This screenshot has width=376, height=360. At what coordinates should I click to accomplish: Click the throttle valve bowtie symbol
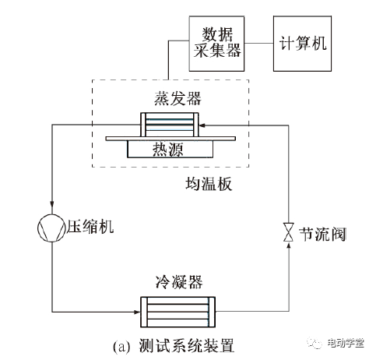pyautogui.click(x=289, y=232)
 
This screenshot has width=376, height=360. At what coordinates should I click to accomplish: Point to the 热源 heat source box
pyautogui.click(x=170, y=149)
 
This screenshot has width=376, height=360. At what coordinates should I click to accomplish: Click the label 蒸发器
pyautogui.click(x=177, y=98)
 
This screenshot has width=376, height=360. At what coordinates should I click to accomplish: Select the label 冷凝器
pyautogui.click(x=179, y=282)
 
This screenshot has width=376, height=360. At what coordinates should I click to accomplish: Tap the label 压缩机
pyautogui.click(x=90, y=227)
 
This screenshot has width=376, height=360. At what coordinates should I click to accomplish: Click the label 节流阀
pyautogui.click(x=322, y=234)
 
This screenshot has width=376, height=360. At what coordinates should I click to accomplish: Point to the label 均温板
pyautogui.click(x=209, y=184)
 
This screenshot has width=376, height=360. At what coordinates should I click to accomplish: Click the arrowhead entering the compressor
pyautogui.click(x=52, y=203)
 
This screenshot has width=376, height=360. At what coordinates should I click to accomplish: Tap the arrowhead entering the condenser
pyautogui.click(x=136, y=312)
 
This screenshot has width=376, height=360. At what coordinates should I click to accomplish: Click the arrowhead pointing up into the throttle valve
pyautogui.click(x=289, y=245)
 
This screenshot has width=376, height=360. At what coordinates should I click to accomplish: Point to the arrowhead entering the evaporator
pyautogui.click(x=202, y=125)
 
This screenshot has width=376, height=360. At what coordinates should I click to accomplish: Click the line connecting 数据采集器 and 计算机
pyautogui.click(x=258, y=43)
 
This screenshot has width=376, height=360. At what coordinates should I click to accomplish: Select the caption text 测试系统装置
pyautogui.click(x=186, y=346)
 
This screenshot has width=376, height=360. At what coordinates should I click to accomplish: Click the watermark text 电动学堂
pyautogui.click(x=346, y=344)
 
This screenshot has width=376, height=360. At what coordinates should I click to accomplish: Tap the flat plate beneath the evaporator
pyautogui.click(x=170, y=139)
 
